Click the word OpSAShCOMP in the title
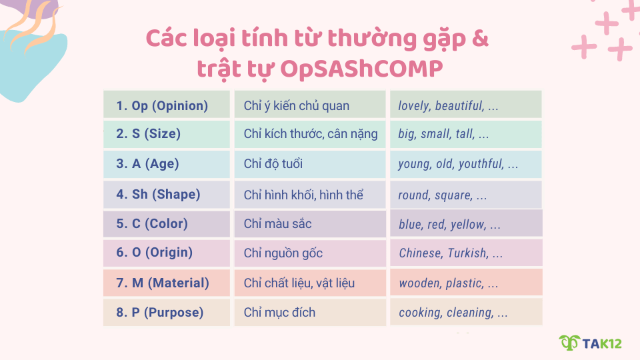coord(362,69)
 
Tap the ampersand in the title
coord(479,39)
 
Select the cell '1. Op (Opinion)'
coord(166,105)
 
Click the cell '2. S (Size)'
coord(166,134)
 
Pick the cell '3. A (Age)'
coord(166,164)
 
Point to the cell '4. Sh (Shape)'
coord(166,195)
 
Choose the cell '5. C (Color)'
coord(166,224)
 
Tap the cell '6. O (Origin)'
coord(166,253)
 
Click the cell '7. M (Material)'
coord(166,283)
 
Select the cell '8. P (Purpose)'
coord(166,313)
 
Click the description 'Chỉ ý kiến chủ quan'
coord(296,106)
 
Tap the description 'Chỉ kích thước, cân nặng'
coord(310,135)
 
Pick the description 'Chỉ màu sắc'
coord(277,224)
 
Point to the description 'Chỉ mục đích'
coord(279,313)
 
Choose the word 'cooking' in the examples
coord(420,313)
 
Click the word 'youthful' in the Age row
coord(479,164)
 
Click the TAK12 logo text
coord(601,343)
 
